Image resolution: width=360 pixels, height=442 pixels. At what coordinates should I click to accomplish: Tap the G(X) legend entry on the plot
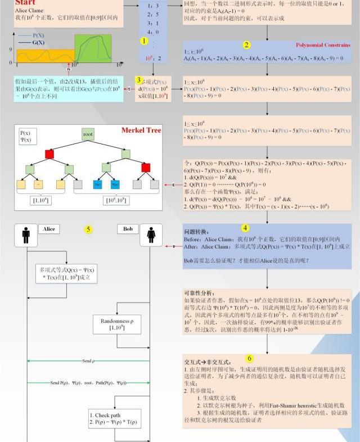[x=38, y=43]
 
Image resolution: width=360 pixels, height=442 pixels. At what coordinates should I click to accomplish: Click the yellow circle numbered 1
[x=145, y=41]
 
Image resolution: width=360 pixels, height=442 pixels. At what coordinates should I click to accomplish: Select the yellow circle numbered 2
[x=247, y=45]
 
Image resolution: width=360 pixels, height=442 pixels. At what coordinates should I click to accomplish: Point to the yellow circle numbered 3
[x=139, y=80]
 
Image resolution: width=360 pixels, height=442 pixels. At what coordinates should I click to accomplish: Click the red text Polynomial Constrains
[x=323, y=45]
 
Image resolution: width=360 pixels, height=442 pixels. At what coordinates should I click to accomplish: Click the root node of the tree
[x=88, y=134]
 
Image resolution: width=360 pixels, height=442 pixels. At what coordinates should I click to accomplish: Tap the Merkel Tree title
[x=141, y=130]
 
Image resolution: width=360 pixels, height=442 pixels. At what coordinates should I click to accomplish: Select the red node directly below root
[x=49, y=154]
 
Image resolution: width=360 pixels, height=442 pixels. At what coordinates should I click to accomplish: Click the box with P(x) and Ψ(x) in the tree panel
[x=28, y=136]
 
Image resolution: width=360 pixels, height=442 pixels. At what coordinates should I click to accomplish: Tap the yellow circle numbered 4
[x=245, y=228]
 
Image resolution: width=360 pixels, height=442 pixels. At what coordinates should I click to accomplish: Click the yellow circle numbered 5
[x=88, y=229]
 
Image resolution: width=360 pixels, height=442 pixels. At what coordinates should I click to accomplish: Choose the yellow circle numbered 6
[x=250, y=358]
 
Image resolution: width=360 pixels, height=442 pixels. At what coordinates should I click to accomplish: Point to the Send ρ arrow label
[x=88, y=360]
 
